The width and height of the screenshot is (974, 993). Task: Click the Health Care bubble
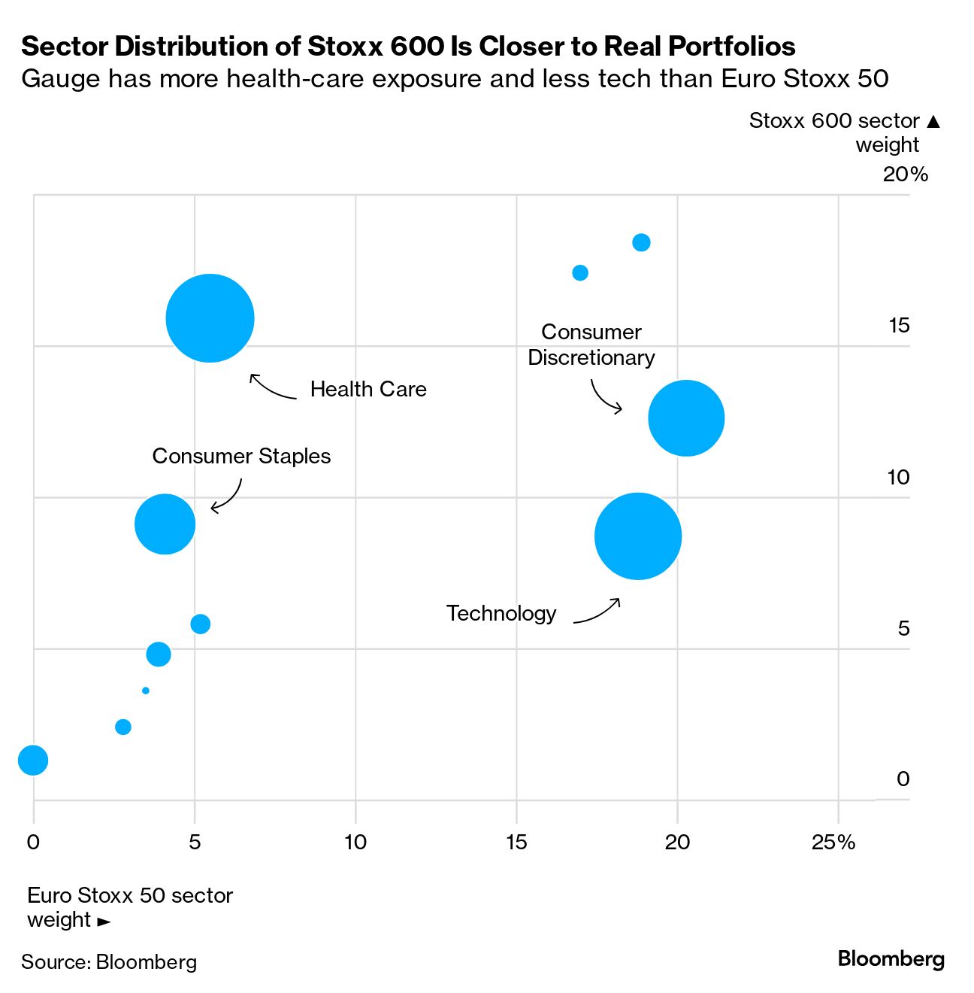[x=210, y=318]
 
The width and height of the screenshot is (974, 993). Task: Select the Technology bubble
[x=638, y=536]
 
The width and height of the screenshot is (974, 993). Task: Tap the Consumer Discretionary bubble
[x=686, y=418]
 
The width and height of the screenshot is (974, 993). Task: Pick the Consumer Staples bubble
[x=165, y=524]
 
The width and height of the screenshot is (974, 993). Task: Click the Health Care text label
[x=368, y=390]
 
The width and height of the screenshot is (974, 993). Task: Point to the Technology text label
[x=501, y=614]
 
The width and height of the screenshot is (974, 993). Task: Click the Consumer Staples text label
[x=241, y=457]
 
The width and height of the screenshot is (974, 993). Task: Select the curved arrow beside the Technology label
[x=597, y=612]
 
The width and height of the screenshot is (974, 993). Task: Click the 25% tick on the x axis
[x=833, y=843]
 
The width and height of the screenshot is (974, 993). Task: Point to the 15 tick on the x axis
[x=516, y=843]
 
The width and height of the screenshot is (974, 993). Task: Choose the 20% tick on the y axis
[x=905, y=175]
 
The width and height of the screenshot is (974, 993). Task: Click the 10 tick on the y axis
[x=898, y=478]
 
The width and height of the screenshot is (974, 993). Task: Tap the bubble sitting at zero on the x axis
[x=32, y=760]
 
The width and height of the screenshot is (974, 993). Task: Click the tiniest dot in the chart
[x=145, y=691]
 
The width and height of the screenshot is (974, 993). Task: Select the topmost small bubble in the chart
[x=641, y=242]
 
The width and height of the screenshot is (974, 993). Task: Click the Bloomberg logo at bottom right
[x=891, y=959]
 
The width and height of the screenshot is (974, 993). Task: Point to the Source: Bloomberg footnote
[x=109, y=962]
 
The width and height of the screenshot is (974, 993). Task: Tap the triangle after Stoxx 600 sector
[x=933, y=121]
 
